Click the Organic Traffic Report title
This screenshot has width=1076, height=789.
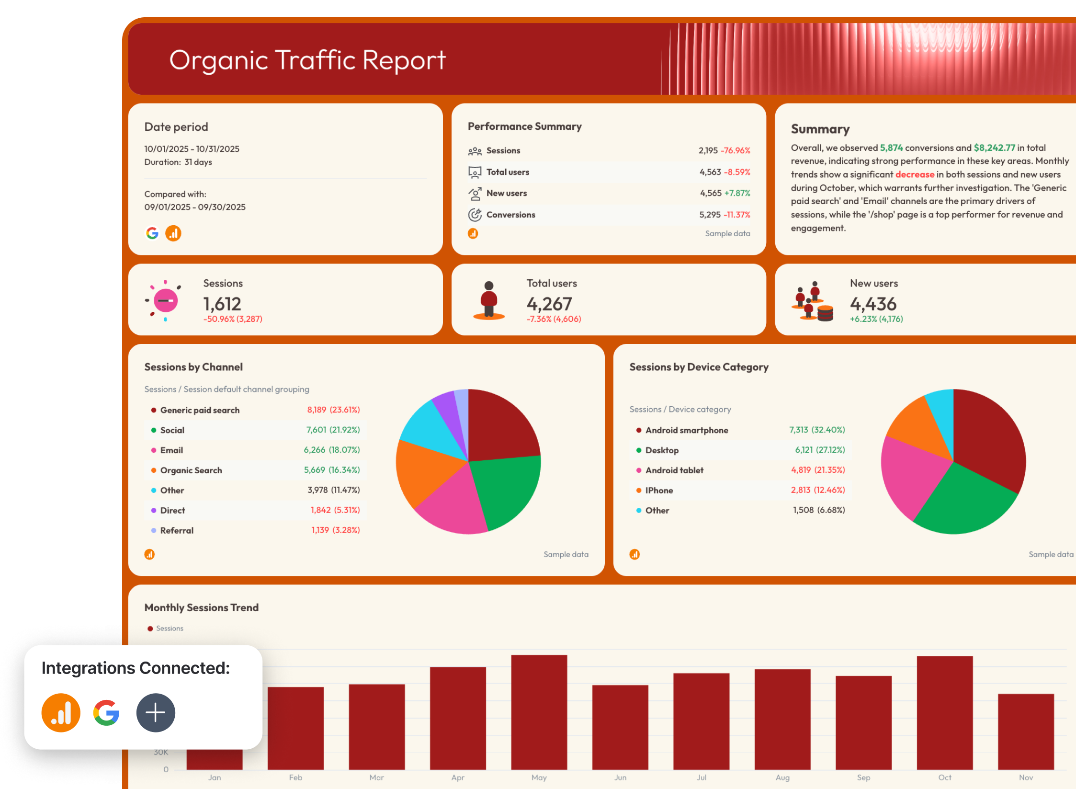[307, 60]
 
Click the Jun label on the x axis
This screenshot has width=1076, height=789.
[620, 778]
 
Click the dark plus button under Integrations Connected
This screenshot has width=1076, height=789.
[156, 712]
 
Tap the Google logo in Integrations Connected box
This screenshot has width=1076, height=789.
[106, 712]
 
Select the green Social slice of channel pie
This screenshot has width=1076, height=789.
[508, 489]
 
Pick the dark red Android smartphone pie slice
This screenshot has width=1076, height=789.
[986, 441]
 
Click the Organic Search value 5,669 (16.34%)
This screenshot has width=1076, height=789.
[331, 470]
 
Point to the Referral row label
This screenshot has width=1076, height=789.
[177, 530]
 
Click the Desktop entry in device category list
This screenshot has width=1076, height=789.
[662, 450]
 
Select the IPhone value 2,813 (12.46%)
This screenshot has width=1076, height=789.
[817, 490]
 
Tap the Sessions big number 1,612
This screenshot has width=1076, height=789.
[222, 304]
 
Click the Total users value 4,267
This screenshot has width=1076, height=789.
[549, 304]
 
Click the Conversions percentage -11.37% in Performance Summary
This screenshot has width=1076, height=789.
[737, 215]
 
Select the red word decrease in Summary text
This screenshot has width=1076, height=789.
[915, 174]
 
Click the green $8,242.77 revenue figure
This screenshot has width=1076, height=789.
[994, 148]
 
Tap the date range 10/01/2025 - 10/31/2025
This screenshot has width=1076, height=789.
[192, 149]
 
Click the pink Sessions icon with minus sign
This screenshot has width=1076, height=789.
[165, 301]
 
